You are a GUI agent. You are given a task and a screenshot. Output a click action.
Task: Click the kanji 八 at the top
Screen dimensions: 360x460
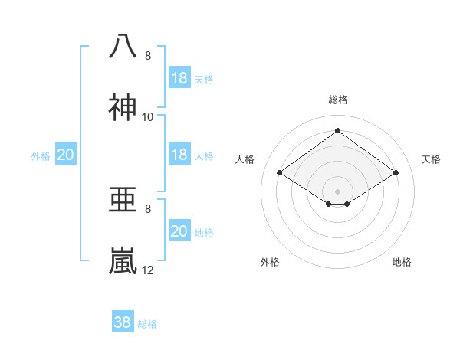(123, 46)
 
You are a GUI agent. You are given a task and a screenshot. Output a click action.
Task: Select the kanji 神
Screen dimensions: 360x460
(123, 108)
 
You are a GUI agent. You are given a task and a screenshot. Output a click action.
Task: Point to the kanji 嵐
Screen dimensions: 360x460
(123, 261)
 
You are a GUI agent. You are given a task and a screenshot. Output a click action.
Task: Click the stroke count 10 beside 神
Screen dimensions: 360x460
(148, 117)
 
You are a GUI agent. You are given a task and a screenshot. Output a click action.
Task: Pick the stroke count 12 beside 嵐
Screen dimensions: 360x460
(148, 270)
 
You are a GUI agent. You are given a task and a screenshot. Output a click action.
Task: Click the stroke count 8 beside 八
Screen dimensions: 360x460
(148, 56)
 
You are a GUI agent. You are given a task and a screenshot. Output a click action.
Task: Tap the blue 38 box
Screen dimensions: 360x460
(123, 322)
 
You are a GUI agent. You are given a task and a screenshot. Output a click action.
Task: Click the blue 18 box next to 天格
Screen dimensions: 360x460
(179, 78)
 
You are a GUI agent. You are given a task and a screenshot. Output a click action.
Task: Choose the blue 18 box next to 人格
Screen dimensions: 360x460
(179, 155)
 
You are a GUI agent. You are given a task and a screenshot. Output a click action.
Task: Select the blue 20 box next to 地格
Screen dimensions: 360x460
(179, 231)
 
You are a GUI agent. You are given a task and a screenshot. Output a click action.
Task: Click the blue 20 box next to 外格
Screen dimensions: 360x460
(66, 155)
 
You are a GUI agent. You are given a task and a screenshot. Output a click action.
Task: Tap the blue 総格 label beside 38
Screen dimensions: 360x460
(147, 324)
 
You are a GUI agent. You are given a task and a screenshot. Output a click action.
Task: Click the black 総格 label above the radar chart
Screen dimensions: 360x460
(338, 100)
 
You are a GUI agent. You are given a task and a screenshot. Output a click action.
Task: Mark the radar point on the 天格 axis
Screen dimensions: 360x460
(396, 173)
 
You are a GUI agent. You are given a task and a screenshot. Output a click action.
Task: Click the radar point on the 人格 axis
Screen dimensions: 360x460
(280, 173)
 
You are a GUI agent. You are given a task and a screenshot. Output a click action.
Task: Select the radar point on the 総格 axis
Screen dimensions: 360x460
(338, 130)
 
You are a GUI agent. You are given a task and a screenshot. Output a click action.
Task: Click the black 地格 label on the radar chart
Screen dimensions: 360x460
(402, 262)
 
